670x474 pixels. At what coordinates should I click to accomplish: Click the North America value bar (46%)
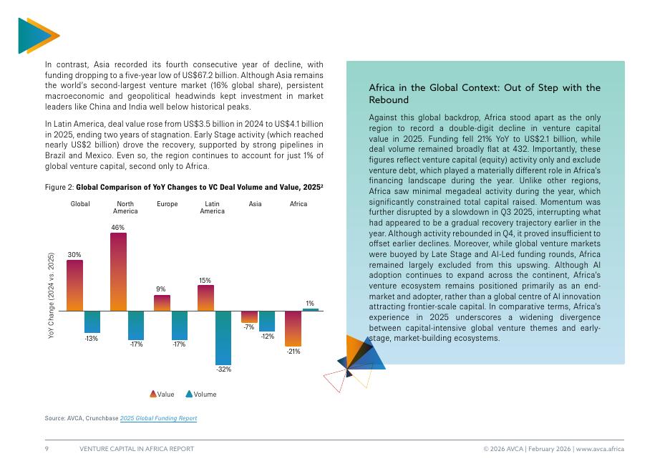tap(118, 271)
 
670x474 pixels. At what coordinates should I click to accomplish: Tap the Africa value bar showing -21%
tap(293, 329)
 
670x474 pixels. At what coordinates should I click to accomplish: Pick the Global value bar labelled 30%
tap(74, 285)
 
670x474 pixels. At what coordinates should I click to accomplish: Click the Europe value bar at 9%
tap(162, 303)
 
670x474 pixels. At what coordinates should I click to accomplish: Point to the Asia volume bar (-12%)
tap(267, 321)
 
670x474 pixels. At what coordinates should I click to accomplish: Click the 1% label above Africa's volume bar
tap(310, 304)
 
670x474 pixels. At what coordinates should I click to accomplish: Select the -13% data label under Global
tap(92, 338)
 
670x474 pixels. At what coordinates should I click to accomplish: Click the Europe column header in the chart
tap(167, 204)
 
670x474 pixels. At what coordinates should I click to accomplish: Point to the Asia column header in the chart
tap(255, 204)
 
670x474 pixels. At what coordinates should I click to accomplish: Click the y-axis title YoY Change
tap(51, 296)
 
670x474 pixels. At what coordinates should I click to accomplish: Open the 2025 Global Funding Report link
tap(158, 418)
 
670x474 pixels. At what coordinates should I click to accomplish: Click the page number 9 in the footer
tap(47, 449)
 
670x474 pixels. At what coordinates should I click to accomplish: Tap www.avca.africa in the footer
tap(600, 449)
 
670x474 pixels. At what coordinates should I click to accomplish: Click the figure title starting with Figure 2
tap(184, 186)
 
